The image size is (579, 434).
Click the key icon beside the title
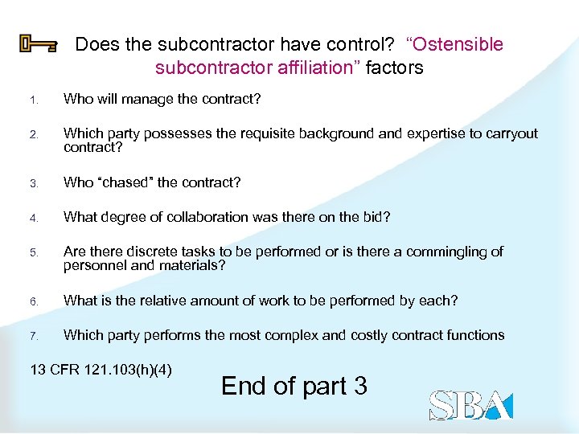click(38, 45)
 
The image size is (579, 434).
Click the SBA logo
click(470, 405)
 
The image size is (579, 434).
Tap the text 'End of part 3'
click(294, 386)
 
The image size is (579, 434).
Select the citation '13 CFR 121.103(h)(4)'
click(101, 371)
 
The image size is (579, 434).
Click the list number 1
click(33, 100)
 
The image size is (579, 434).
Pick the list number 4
click(34, 218)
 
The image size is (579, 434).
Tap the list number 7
click(34, 336)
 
